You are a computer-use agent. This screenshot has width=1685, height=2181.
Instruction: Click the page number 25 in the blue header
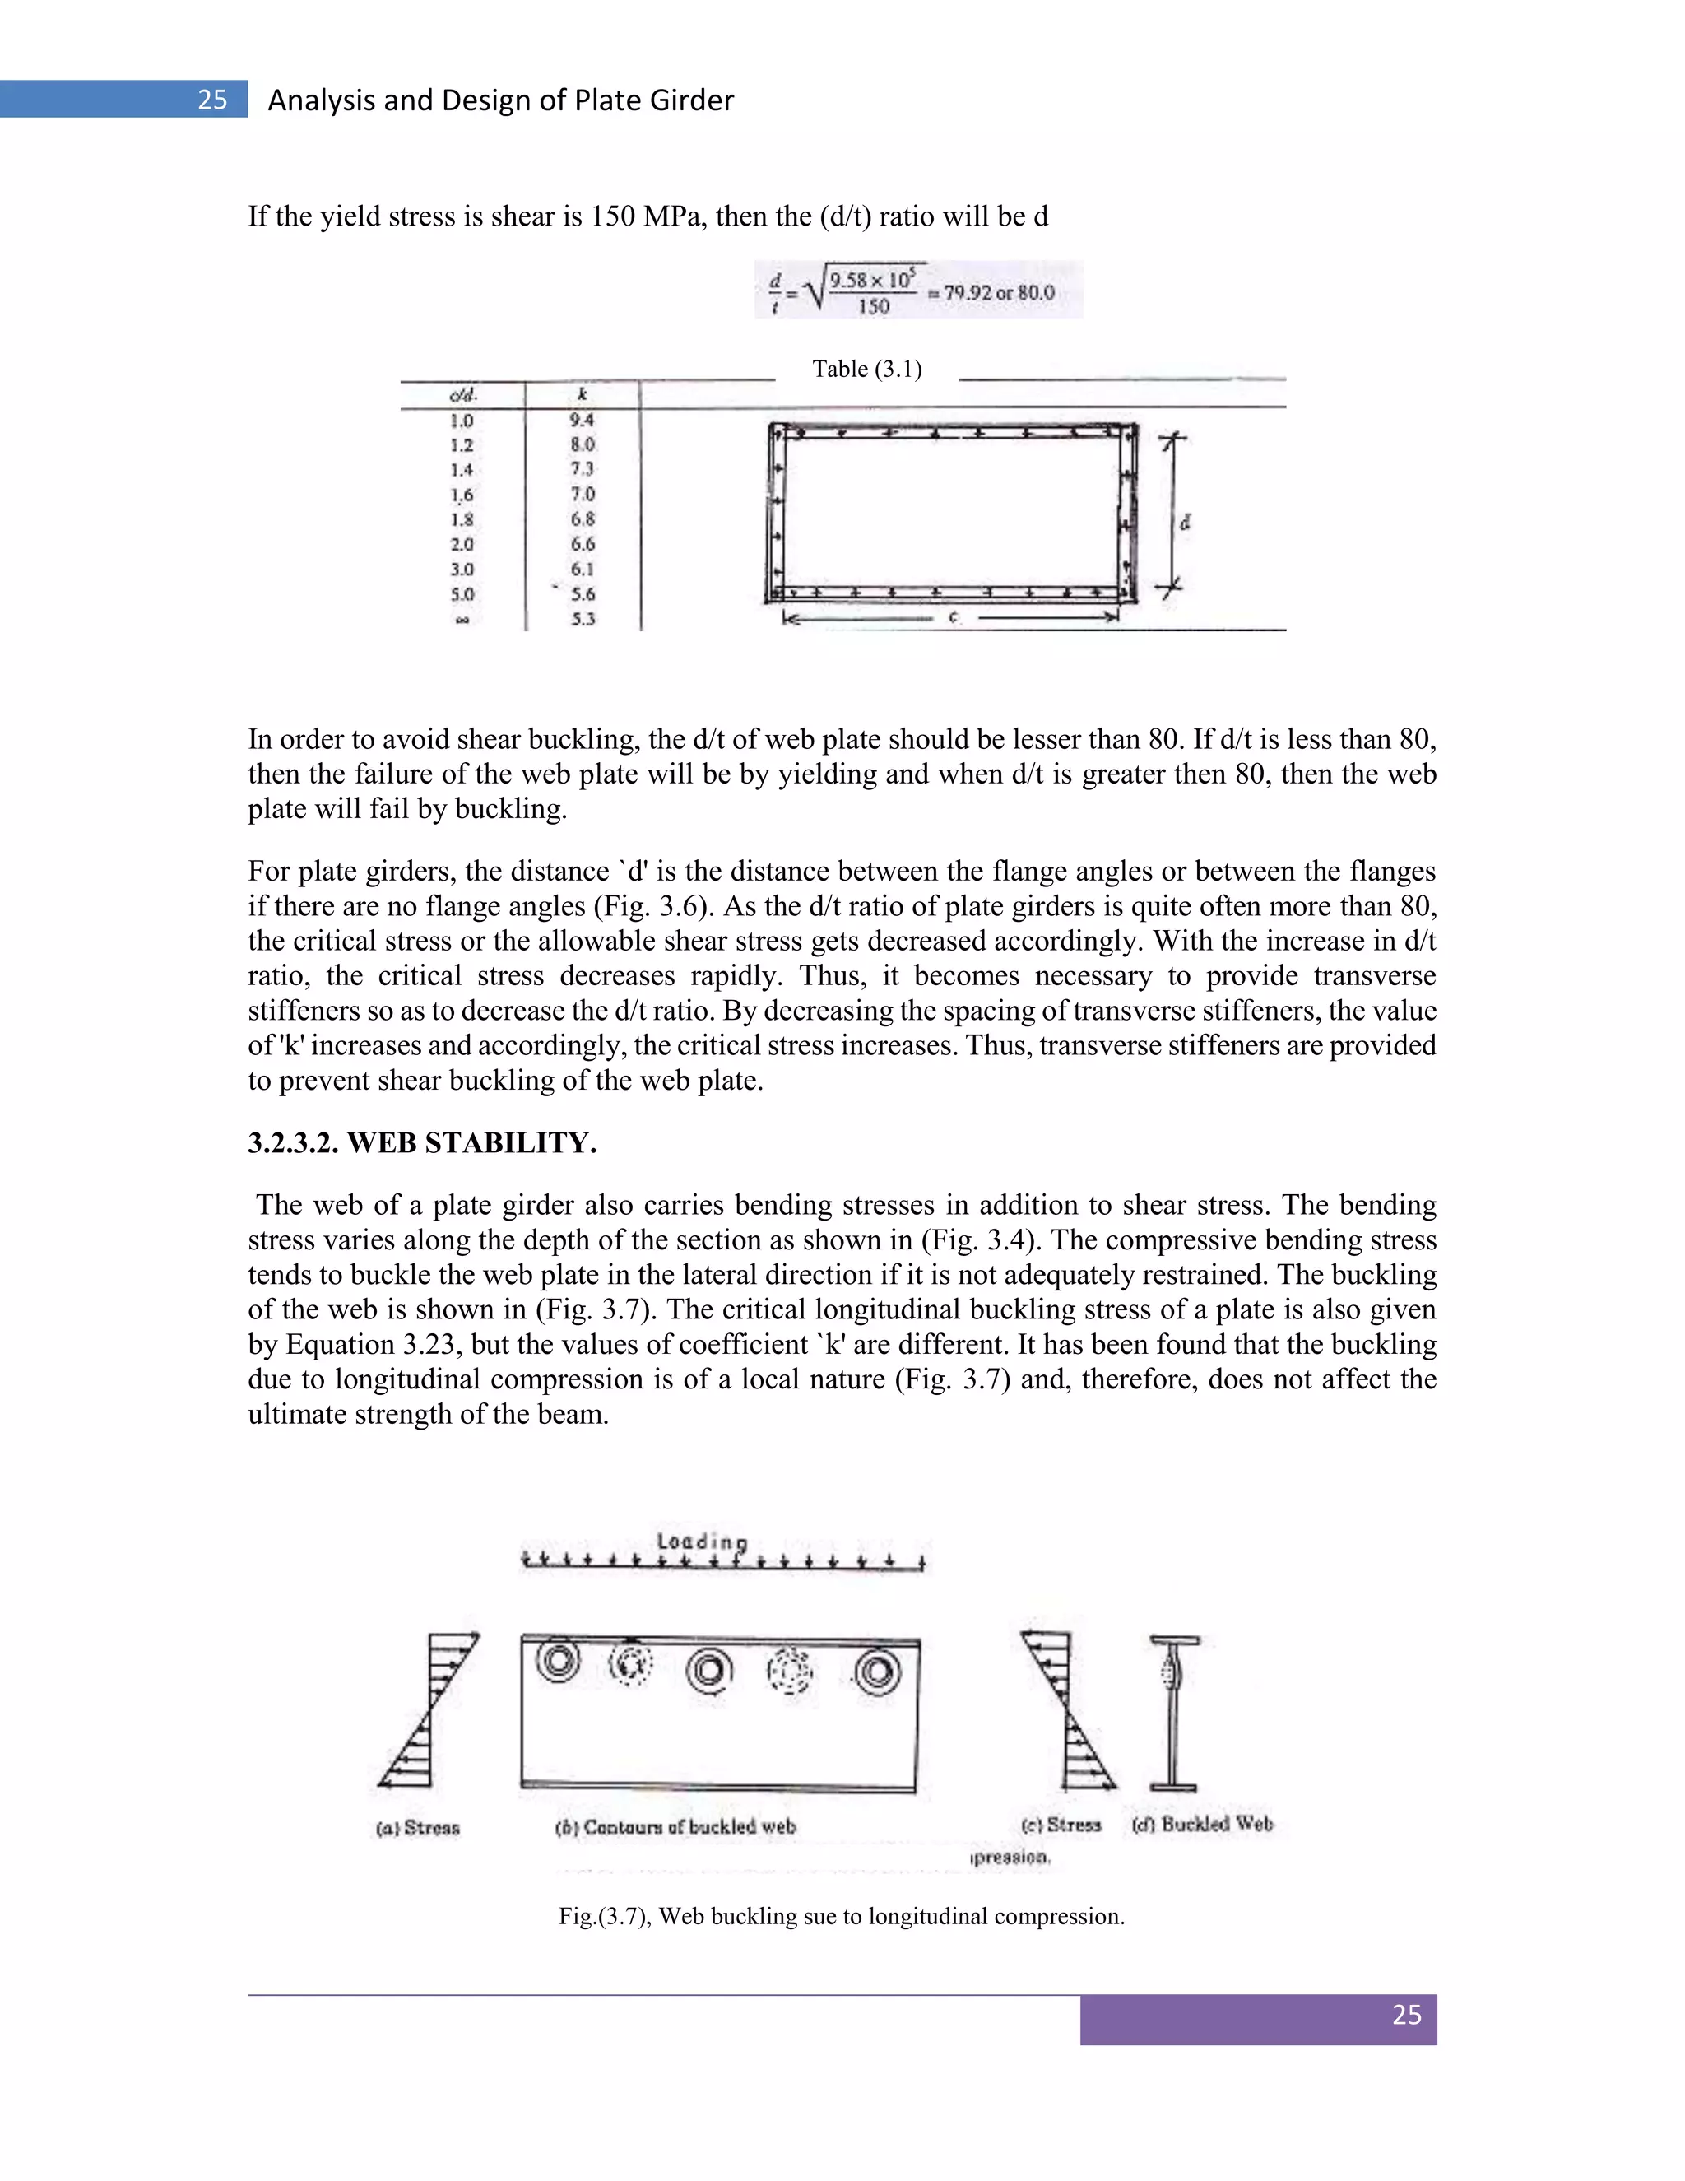[211, 100]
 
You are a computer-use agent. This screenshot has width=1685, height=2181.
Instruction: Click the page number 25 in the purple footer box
[1405, 2016]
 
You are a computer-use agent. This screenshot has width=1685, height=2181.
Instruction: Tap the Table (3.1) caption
[866, 370]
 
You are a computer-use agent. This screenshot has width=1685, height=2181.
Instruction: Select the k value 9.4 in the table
[582, 421]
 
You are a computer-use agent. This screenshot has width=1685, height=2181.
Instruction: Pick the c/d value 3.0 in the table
[462, 570]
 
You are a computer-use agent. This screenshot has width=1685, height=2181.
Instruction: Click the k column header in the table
[582, 395]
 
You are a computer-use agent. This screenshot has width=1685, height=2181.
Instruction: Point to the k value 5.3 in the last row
[583, 619]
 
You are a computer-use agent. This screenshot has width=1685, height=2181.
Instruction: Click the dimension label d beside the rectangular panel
[1185, 523]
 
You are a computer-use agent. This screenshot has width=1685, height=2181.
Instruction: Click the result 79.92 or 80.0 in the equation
[998, 294]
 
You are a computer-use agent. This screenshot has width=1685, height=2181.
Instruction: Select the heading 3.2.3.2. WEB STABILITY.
[422, 1143]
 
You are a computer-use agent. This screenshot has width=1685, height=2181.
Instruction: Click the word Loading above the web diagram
[702, 1541]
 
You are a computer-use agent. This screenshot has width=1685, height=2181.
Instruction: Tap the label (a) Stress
[418, 1827]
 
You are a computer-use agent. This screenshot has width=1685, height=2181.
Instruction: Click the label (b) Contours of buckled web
[675, 1826]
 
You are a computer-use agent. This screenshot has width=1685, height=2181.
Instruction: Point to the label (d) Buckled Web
[1203, 1824]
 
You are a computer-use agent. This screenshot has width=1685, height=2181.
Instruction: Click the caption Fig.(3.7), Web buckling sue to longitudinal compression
[842, 1916]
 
